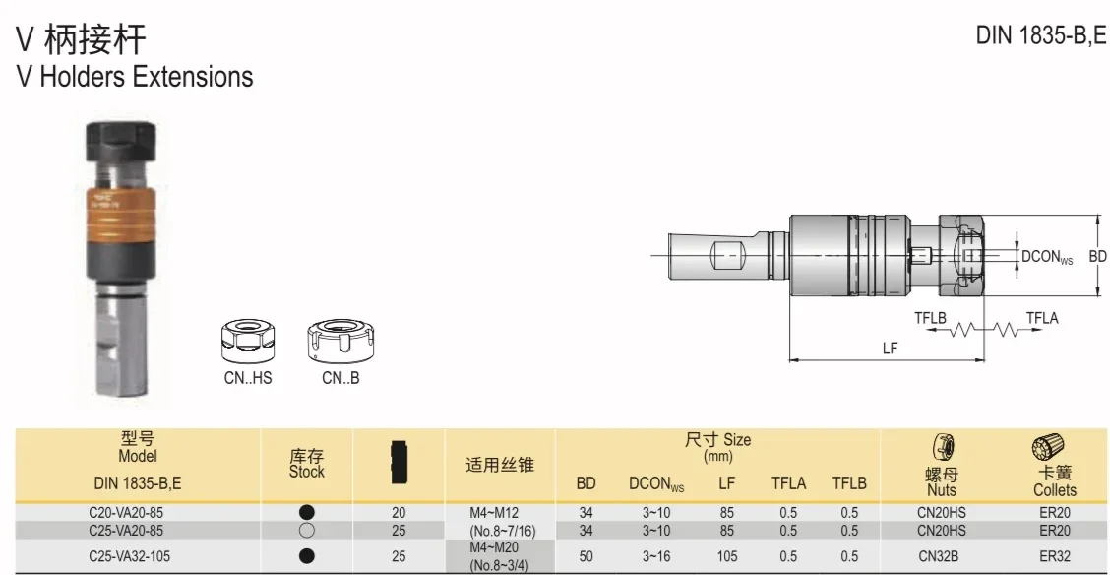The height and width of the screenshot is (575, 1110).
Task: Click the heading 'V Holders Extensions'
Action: pos(135,77)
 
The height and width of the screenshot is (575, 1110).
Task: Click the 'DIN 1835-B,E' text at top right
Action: pos(1040,36)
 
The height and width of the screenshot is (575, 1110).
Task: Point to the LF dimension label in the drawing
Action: pos(890,349)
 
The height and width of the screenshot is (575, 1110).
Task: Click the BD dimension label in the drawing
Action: pos(1098,256)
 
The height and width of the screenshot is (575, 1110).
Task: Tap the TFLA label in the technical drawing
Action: pos(1041,317)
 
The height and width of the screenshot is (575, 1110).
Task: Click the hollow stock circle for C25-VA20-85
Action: pos(307,530)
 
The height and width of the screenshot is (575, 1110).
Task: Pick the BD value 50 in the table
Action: pos(586,556)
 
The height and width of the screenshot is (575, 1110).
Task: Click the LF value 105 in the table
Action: pos(726,556)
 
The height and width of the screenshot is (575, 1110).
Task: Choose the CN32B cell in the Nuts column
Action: pos(941,556)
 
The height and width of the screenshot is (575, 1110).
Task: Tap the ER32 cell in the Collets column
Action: pos(1054,556)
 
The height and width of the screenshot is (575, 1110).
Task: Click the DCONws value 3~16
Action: pos(656,556)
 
